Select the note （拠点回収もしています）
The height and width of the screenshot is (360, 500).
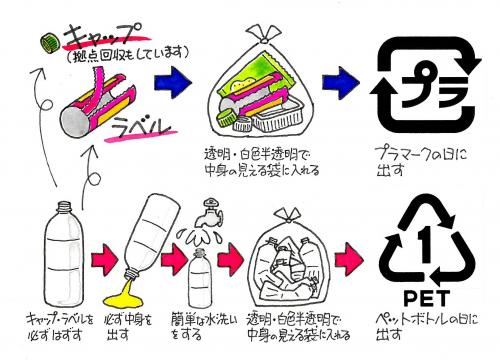pyautogui.click(x=127, y=54)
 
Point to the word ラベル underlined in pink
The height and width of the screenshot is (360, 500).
pyautogui.click(x=141, y=127)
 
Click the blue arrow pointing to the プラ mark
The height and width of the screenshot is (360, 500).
pyautogui.click(x=340, y=82)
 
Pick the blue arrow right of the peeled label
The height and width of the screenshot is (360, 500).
pyautogui.click(x=173, y=82)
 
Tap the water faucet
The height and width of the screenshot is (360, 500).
pyautogui.click(x=209, y=212)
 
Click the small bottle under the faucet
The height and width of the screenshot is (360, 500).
pyautogui.click(x=200, y=277)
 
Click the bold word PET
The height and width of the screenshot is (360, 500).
pyautogui.click(x=426, y=298)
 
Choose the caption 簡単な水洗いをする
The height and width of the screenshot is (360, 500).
pyautogui.click(x=203, y=325)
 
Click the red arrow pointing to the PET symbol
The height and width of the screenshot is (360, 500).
pyautogui.click(x=349, y=259)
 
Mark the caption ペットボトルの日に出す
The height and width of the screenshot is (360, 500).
pyautogui.click(x=426, y=327)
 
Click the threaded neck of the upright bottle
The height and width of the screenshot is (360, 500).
pyautogui.click(x=64, y=207)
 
